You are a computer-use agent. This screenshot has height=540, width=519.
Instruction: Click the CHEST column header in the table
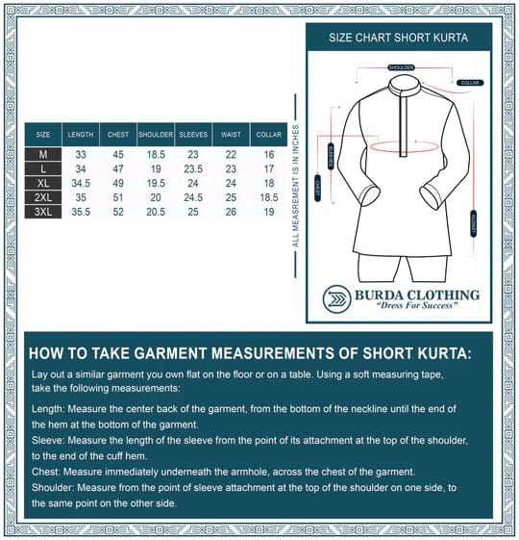pos(117,135)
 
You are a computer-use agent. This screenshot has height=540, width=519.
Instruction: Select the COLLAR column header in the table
pos(268,135)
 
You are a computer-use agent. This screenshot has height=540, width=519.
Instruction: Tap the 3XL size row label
pos(43,212)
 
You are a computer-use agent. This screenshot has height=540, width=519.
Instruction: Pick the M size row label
pos(43,154)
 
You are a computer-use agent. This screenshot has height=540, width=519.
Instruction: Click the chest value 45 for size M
pos(117,154)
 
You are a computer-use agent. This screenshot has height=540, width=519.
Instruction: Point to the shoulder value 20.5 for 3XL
pos(155,212)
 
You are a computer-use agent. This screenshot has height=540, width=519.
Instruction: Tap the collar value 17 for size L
pos(268,168)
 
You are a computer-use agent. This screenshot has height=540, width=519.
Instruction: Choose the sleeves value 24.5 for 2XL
pos(193,197)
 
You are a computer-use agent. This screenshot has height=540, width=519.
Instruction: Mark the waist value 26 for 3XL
pos(232,212)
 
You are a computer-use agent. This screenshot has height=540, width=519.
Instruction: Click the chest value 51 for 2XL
pos(117,197)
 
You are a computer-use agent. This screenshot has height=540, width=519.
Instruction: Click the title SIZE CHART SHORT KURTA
pos(399,39)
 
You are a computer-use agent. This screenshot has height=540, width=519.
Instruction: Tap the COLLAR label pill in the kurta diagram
pos(470,83)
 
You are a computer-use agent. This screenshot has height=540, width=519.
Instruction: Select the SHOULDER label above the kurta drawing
pos(401,67)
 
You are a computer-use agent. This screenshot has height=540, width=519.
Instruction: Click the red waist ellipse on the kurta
pos(401,148)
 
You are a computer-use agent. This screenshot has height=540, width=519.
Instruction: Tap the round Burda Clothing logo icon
pos(336,298)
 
